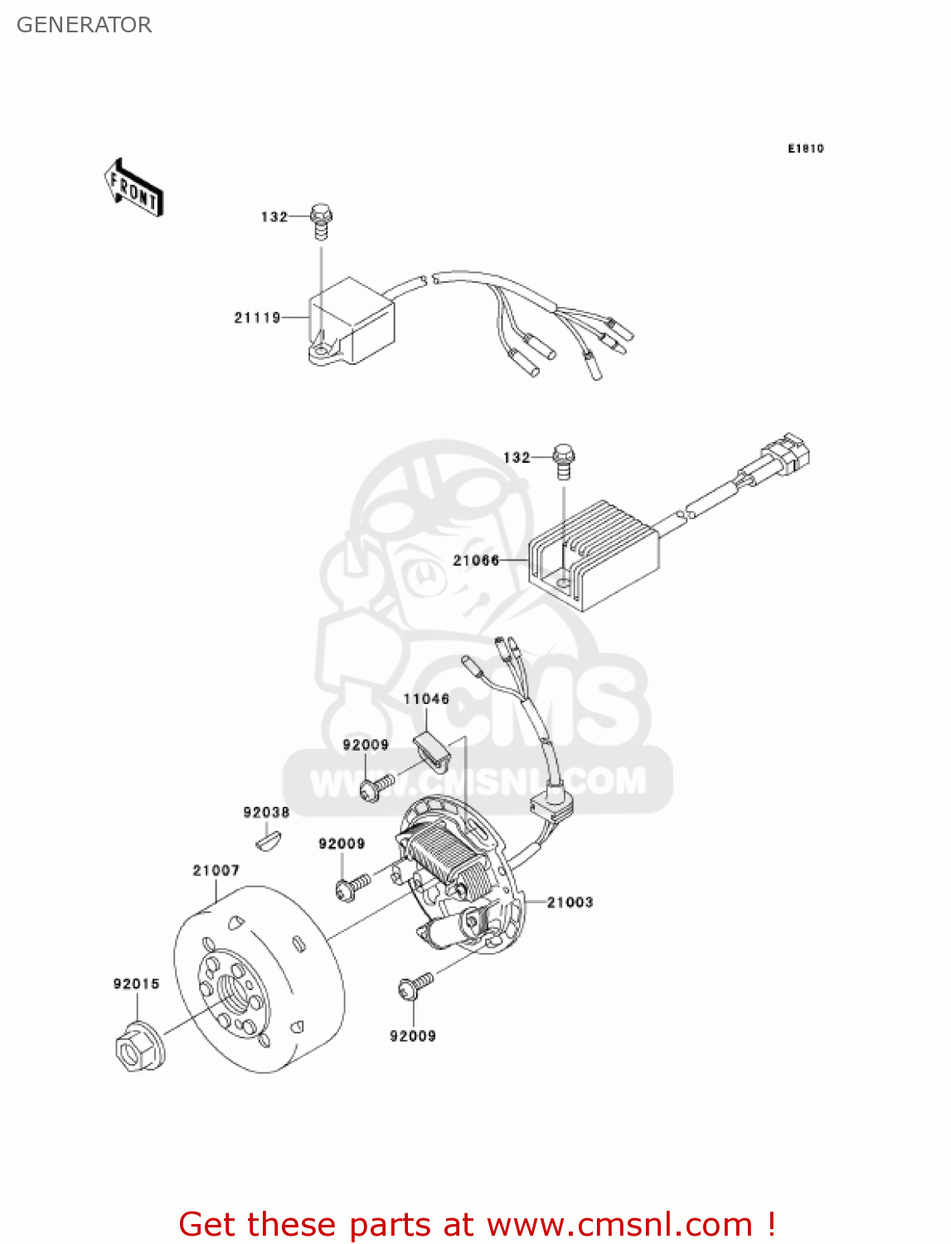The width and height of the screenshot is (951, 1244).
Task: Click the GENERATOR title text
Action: [84, 25]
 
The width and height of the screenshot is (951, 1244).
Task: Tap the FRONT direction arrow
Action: [133, 188]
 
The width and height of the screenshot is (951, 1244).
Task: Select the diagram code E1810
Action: [805, 148]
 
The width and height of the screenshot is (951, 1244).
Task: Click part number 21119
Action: [257, 318]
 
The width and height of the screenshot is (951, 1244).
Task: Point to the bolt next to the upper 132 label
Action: [321, 219]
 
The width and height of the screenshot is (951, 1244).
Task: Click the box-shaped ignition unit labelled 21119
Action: [352, 322]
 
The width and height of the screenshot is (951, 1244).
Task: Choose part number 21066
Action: [476, 561]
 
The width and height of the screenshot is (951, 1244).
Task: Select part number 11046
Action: [426, 699]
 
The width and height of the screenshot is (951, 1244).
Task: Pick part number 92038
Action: [266, 813]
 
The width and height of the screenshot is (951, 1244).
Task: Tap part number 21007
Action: [216, 871]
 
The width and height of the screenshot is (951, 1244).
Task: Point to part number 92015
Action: [136, 984]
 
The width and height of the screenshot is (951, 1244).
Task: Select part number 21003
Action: [570, 902]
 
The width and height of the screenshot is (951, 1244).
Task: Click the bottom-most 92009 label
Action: [412, 1036]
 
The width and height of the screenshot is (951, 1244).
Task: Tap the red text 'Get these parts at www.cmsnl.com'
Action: [477, 1225]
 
